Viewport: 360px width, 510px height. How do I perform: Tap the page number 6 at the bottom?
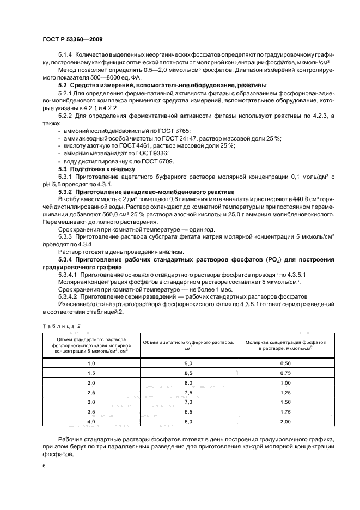point(43,466)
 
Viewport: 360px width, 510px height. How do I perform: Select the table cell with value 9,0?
point(189,362)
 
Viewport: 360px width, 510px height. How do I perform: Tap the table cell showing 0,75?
point(285,373)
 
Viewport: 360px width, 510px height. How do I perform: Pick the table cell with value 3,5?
point(91,412)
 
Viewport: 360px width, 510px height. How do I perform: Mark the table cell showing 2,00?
point(285,422)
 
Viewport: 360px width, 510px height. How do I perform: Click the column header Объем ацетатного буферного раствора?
point(189,344)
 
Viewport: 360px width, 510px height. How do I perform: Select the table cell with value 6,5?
point(189,412)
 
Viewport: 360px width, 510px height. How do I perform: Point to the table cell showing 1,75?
point(285,412)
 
